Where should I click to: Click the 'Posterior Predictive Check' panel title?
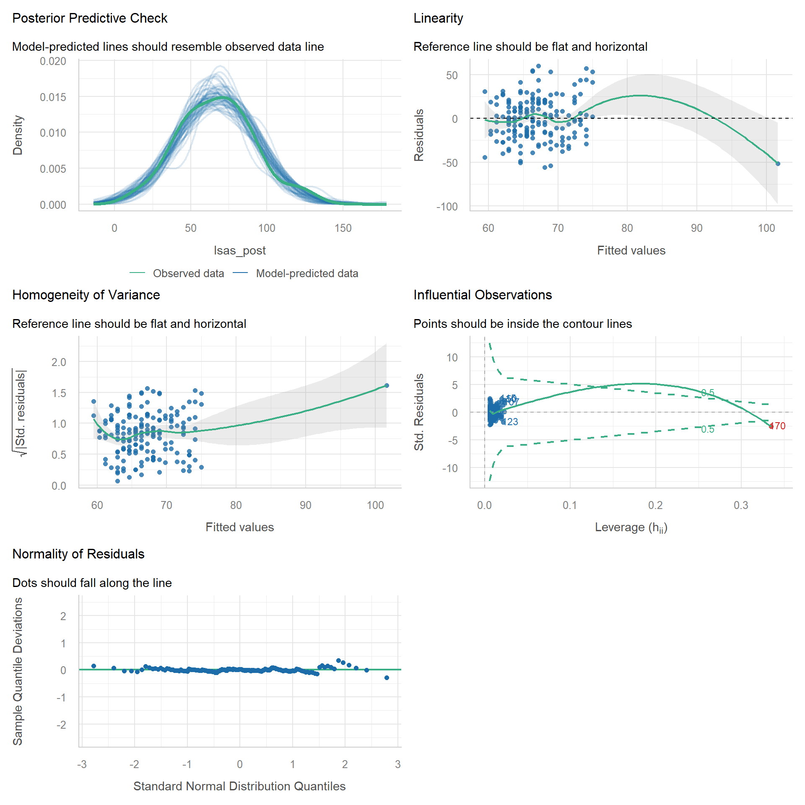[x=90, y=18]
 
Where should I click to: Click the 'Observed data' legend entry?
[x=188, y=273]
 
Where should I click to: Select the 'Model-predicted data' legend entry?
[x=307, y=273]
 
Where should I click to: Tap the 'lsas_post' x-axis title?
[x=239, y=250]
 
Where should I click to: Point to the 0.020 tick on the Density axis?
[x=53, y=61]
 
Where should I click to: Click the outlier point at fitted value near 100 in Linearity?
[x=778, y=164]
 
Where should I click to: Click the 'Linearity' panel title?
[x=438, y=18]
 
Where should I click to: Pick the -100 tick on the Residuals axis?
[x=447, y=206]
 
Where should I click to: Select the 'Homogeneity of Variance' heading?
[x=86, y=295]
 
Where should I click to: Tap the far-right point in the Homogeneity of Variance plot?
[x=387, y=386]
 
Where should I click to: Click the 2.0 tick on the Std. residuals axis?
[x=59, y=362]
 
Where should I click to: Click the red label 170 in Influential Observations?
[x=778, y=426]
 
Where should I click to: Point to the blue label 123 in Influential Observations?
[x=512, y=422]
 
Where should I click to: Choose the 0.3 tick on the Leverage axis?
[x=741, y=505]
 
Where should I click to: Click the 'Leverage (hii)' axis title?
[x=631, y=527]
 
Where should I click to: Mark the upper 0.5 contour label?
[x=708, y=393]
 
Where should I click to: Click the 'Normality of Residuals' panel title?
[x=78, y=554]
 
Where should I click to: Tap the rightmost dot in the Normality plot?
[x=387, y=678]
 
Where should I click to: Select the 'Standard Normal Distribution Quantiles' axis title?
[x=239, y=786]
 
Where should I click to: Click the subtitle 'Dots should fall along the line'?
[x=92, y=583]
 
